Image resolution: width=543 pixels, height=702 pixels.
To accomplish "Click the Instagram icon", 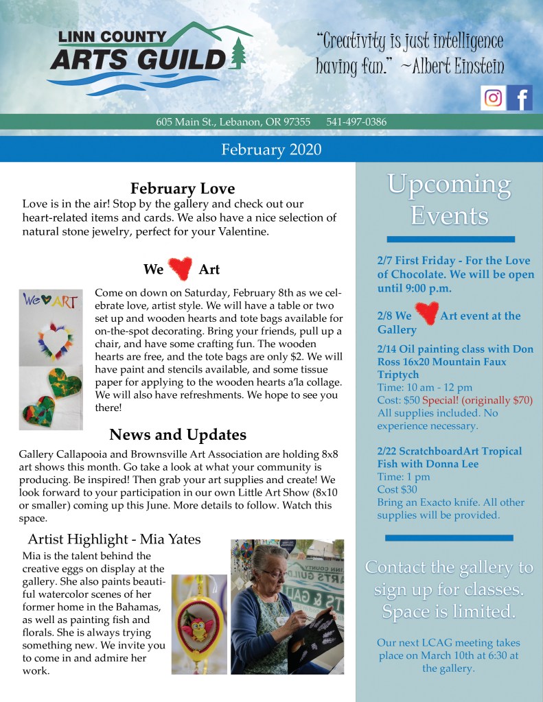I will click(x=493, y=98).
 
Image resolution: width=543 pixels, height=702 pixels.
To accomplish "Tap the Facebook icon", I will click(x=520, y=98).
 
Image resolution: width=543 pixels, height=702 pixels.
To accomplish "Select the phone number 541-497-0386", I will click(x=356, y=122).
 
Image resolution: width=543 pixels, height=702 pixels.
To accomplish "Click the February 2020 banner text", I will click(x=271, y=149).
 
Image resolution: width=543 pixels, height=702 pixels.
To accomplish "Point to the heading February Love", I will click(x=183, y=188).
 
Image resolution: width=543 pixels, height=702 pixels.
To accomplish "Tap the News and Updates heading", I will click(x=177, y=434).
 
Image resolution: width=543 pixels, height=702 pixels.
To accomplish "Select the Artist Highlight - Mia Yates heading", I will click(x=115, y=539).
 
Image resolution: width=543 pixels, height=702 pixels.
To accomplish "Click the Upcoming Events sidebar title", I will click(x=450, y=200).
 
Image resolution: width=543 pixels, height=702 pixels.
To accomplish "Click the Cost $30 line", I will click(x=397, y=489).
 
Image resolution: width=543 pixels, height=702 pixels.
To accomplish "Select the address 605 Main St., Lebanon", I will click(x=233, y=122).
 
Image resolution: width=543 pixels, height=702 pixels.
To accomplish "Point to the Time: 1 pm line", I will click(x=404, y=477).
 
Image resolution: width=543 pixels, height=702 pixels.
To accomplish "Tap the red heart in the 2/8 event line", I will click(x=426, y=315).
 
